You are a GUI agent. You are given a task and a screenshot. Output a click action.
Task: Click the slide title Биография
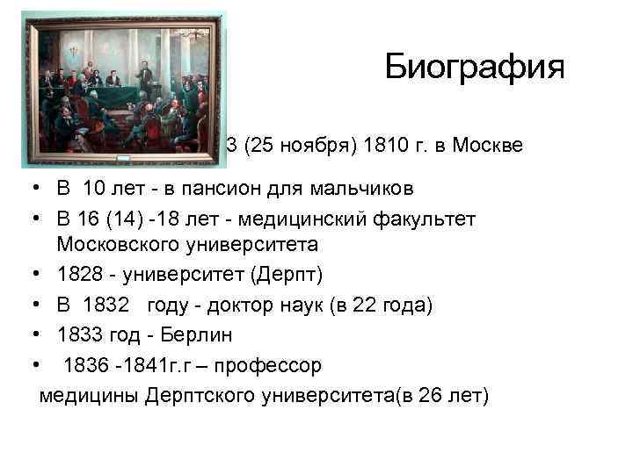click(x=475, y=68)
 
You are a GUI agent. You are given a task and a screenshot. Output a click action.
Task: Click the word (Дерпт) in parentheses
click(x=287, y=276)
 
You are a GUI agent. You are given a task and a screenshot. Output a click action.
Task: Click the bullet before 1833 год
click(x=30, y=335)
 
